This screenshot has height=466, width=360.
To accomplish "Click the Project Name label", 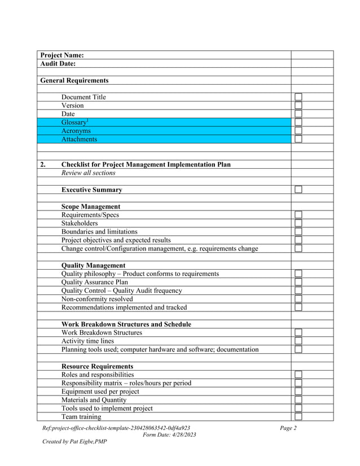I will [62, 55].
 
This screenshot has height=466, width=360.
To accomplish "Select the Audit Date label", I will [58, 64].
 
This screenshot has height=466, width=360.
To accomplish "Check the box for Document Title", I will [298, 97].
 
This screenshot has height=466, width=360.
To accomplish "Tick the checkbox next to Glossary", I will [298, 122].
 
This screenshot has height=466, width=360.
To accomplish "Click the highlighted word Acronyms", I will [76, 131].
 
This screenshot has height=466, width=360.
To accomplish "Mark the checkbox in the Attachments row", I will [298, 139].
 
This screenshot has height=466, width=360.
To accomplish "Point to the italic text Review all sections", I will [88, 173].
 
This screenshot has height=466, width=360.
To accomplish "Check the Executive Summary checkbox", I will [298, 190].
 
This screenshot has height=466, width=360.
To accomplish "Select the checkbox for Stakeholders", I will [298, 223].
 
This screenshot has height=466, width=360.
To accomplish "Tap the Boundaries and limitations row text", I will [99, 231].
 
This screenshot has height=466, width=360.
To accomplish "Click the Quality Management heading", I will [93, 265].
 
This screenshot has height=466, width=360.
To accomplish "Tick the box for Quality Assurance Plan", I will [298, 282].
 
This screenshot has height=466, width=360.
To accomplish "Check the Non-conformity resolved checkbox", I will [298, 299].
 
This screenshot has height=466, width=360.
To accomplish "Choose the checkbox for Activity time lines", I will [298, 341].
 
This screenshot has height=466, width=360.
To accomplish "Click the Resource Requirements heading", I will [97, 366].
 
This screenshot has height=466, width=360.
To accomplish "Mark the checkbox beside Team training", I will [298, 417].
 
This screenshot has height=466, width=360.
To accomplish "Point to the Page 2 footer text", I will [288, 428].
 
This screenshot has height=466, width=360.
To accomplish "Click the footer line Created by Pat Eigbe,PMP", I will [74, 441].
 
